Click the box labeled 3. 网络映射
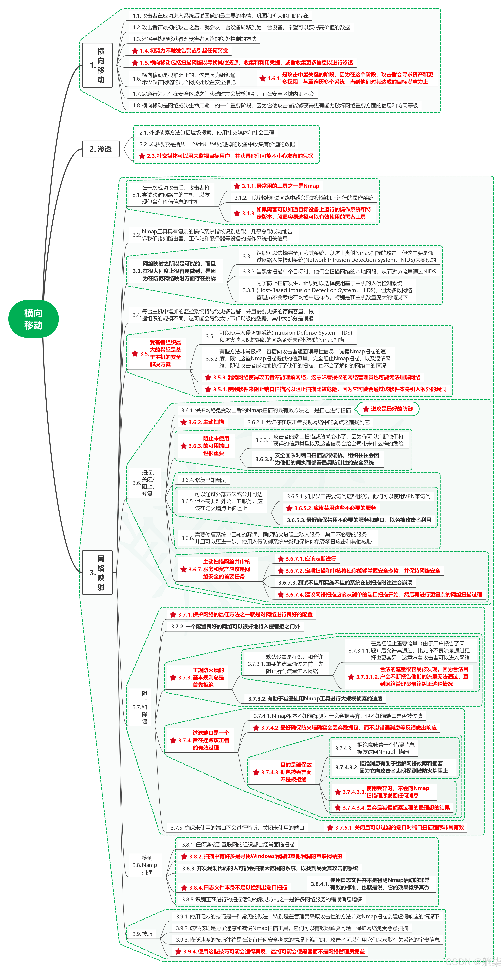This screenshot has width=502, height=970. [x=97, y=572]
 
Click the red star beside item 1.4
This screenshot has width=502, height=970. [x=135, y=51]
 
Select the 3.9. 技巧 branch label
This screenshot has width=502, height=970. [x=142, y=934]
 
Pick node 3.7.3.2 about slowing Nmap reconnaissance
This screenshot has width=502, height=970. [x=315, y=698]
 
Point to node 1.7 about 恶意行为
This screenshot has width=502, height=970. [x=223, y=94]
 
